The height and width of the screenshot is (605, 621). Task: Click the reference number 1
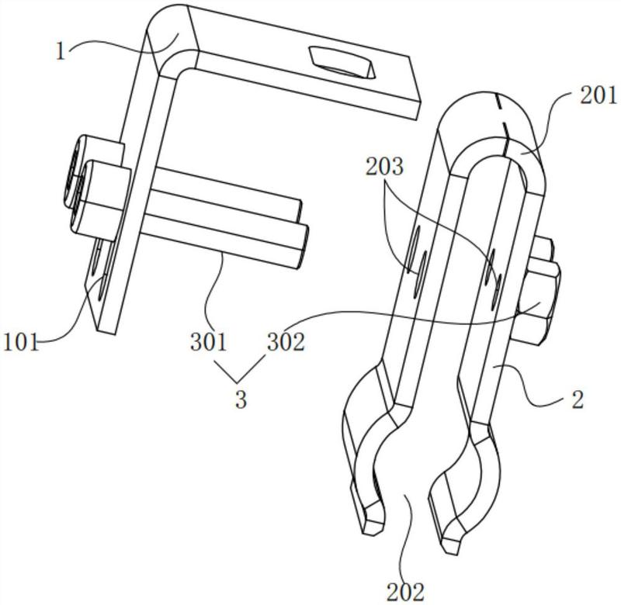(x=61, y=52)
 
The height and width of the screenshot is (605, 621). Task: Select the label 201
(x=598, y=95)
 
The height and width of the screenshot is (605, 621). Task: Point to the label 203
(x=384, y=167)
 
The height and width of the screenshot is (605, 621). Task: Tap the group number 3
(x=241, y=399)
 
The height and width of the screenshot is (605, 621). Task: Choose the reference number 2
(x=578, y=399)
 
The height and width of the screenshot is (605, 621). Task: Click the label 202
(x=405, y=593)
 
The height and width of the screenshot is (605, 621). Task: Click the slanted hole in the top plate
(x=342, y=62)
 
